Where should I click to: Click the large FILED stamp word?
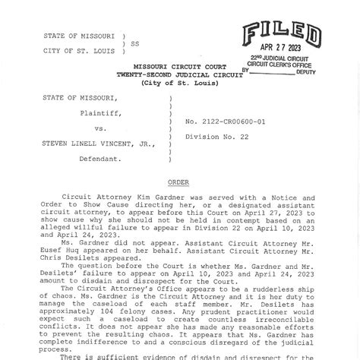tap(281, 34)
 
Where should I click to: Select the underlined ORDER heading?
tap(179, 183)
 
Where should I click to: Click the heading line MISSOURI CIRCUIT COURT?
tap(178, 67)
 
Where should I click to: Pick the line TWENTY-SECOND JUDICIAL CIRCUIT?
tap(178, 74)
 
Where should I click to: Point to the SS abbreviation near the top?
tap(135, 44)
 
